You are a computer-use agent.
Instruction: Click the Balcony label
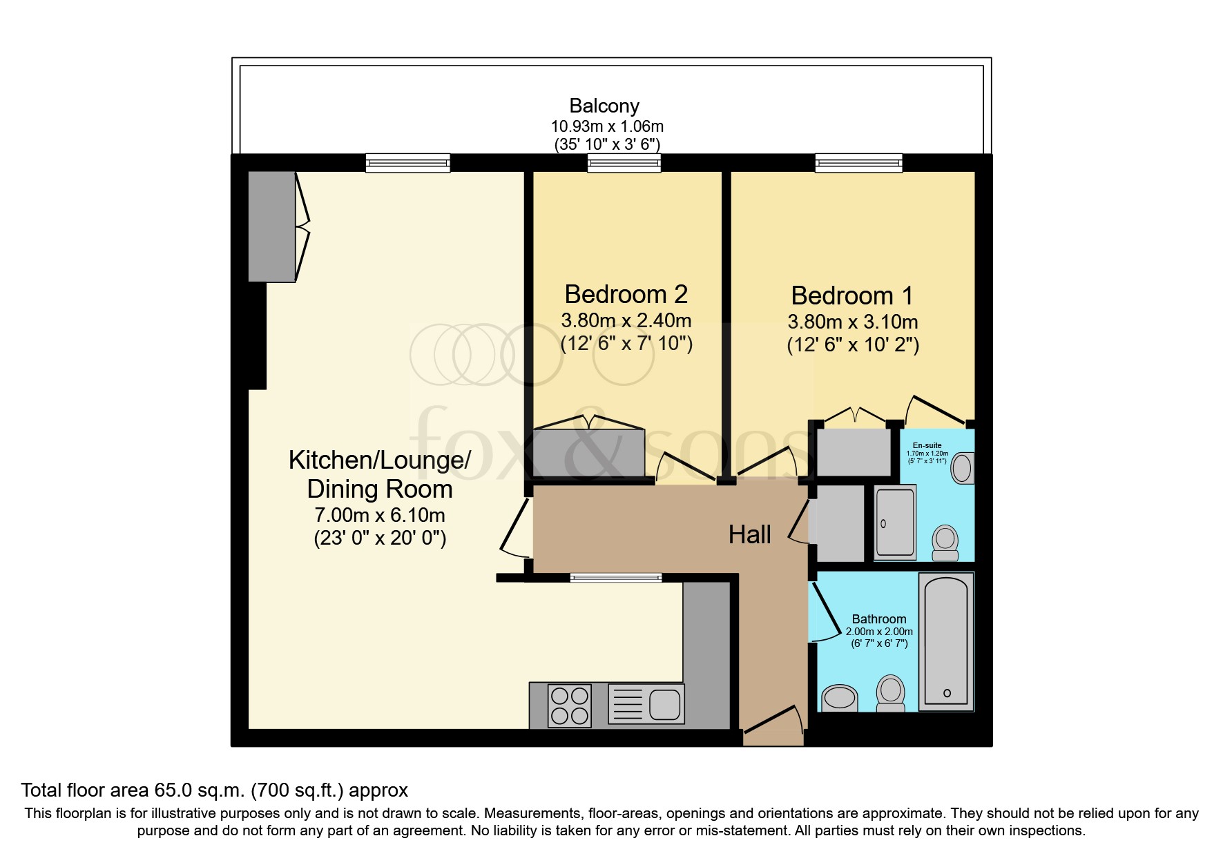(x=604, y=106)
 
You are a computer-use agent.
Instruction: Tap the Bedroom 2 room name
(x=626, y=294)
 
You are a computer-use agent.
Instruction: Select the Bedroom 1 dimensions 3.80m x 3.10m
(x=852, y=322)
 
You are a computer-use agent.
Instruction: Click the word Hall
(x=749, y=535)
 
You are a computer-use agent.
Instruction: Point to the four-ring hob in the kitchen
(x=570, y=705)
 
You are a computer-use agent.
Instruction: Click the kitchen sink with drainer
(x=646, y=704)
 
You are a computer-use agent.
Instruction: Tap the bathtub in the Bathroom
(x=945, y=641)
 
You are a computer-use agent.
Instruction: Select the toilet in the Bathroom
(x=891, y=692)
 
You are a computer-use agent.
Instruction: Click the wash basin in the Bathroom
(x=839, y=697)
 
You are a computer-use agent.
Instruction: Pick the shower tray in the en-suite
(x=895, y=523)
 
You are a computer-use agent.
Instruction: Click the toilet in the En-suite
(x=945, y=543)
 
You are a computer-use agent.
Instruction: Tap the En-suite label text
(x=927, y=445)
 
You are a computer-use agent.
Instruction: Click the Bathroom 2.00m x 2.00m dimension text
(x=879, y=632)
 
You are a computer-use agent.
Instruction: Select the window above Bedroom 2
(x=624, y=163)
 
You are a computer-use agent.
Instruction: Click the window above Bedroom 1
(x=858, y=163)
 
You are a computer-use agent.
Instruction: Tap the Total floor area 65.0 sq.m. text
(x=214, y=790)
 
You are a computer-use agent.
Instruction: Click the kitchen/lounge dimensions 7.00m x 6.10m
(x=379, y=515)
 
